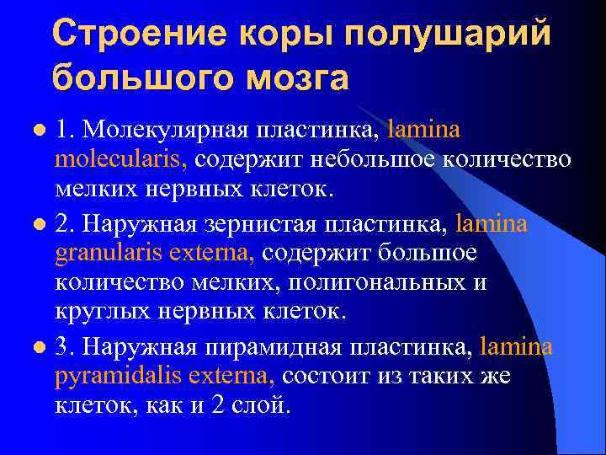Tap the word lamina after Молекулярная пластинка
(x=425, y=131)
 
